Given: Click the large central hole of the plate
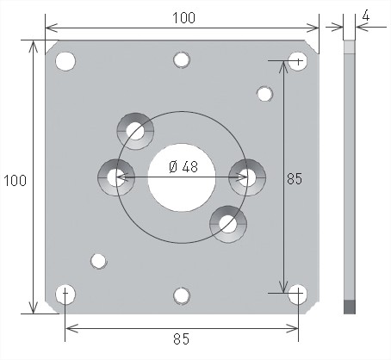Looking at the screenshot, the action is click(182, 177).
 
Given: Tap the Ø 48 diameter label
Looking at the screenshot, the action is click(183, 167).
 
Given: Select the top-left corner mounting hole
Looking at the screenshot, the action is click(65, 61).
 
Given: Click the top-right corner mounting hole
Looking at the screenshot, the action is click(297, 61).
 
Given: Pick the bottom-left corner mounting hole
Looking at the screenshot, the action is click(65, 295).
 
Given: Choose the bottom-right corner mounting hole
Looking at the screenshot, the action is click(297, 295).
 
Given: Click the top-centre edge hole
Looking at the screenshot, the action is click(182, 60).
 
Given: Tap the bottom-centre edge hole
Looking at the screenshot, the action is click(182, 295).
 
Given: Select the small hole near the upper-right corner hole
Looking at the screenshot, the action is click(264, 94).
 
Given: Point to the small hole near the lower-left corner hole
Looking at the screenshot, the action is click(99, 261).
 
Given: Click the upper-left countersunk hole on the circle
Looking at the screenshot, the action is click(135, 131).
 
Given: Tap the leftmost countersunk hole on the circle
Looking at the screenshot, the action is click(116, 177).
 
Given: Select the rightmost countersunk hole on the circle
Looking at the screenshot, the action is click(247, 177).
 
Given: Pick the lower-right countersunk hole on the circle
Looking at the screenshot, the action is click(228, 224).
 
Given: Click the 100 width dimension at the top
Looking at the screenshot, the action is click(183, 18).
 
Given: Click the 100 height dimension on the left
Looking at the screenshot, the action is click(15, 181).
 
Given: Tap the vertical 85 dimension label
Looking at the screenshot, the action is click(295, 179).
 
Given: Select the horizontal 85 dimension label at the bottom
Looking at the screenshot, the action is click(182, 339).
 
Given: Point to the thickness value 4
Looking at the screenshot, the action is click(366, 16).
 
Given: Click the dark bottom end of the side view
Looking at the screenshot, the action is click(350, 307).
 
